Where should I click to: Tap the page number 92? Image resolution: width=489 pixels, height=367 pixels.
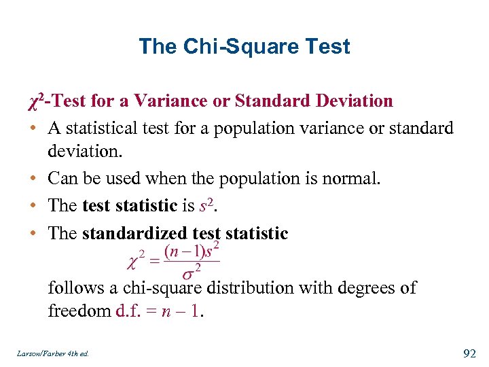coord(470,353)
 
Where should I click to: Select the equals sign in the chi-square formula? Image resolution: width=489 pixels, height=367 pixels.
coord(154,260)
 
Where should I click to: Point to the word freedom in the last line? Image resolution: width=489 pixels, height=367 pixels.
coord(71,312)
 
